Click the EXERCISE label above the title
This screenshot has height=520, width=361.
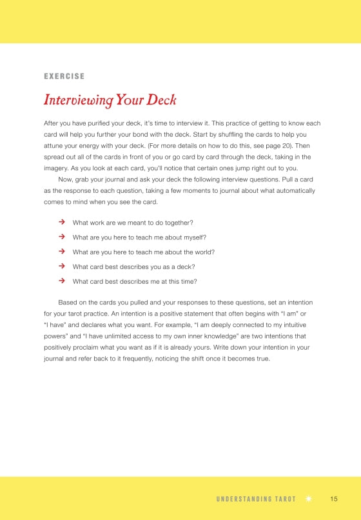pos(64,76)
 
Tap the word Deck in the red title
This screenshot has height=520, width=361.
pos(161,101)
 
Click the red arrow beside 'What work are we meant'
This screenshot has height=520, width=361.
pos(62,222)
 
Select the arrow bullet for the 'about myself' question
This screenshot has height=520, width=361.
pos(62,237)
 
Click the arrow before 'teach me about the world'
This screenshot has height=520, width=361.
pos(62,252)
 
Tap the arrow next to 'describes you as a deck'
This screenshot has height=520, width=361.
pos(62,266)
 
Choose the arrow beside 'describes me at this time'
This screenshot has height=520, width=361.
pos(62,281)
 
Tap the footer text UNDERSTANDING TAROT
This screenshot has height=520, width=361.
pos(256,499)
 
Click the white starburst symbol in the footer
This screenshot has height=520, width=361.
pos(309,499)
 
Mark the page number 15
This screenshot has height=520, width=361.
pos(334,499)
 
